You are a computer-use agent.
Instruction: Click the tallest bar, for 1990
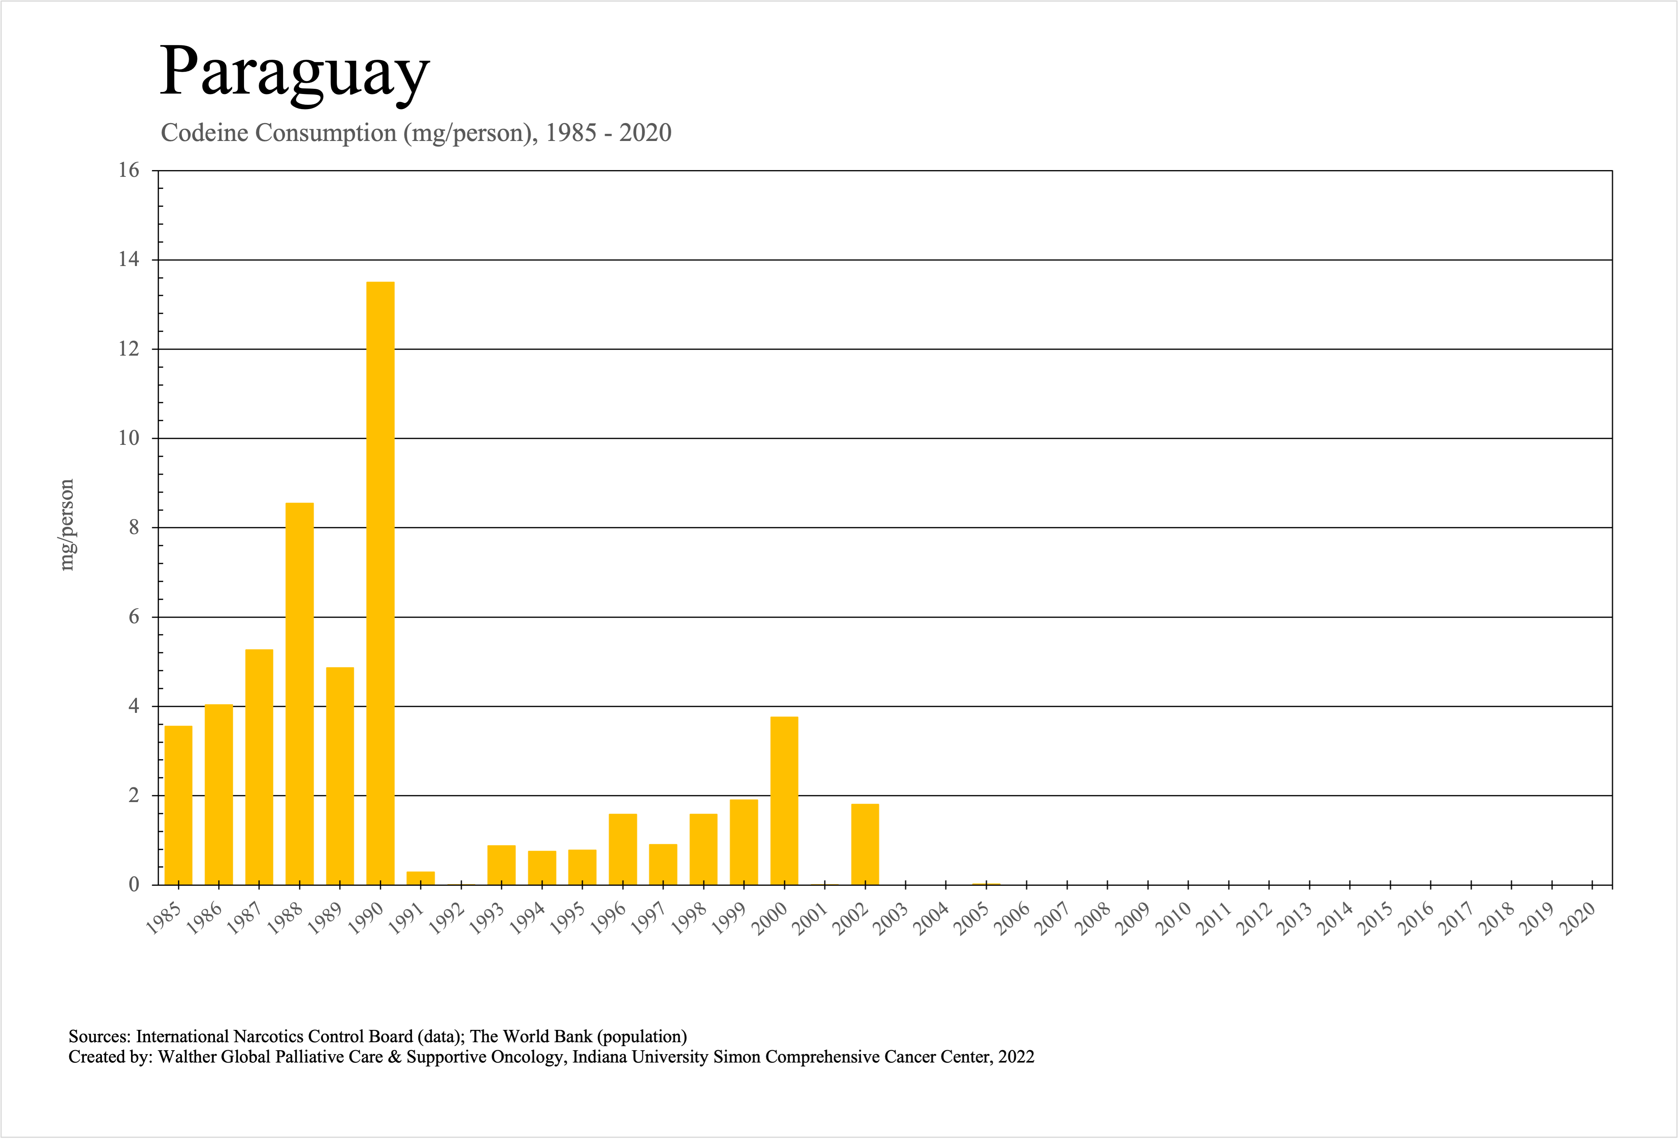click(380, 583)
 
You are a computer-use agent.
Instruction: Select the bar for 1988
click(299, 693)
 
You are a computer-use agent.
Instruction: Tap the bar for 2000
click(784, 800)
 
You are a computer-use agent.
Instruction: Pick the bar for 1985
click(179, 805)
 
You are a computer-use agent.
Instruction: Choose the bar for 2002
click(864, 844)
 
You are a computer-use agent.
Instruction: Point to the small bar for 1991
click(421, 878)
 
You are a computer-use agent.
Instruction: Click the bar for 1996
click(622, 849)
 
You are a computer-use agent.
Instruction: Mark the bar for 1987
click(259, 767)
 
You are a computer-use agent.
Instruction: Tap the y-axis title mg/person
click(66, 525)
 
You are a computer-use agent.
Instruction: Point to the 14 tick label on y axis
click(129, 260)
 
